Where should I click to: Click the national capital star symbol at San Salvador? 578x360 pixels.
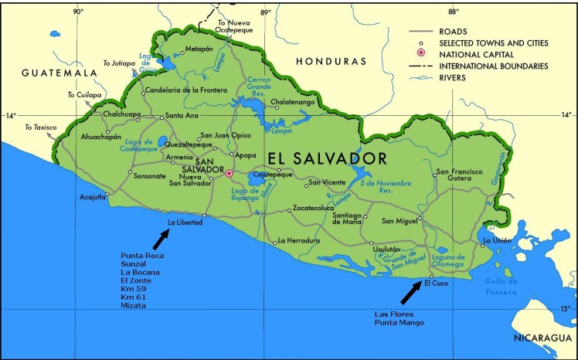pyautogui.click(x=229, y=173)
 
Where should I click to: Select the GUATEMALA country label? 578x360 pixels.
pyautogui.click(x=58, y=73)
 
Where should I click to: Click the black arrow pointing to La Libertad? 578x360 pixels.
pyautogui.click(x=165, y=239)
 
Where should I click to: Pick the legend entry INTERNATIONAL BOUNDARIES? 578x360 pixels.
pyautogui.click(x=494, y=66)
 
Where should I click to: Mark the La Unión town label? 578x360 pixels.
pyautogui.click(x=496, y=240)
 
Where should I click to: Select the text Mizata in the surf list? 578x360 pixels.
pyautogui.click(x=133, y=305)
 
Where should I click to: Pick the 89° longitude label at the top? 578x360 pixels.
pyautogui.click(x=265, y=12)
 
